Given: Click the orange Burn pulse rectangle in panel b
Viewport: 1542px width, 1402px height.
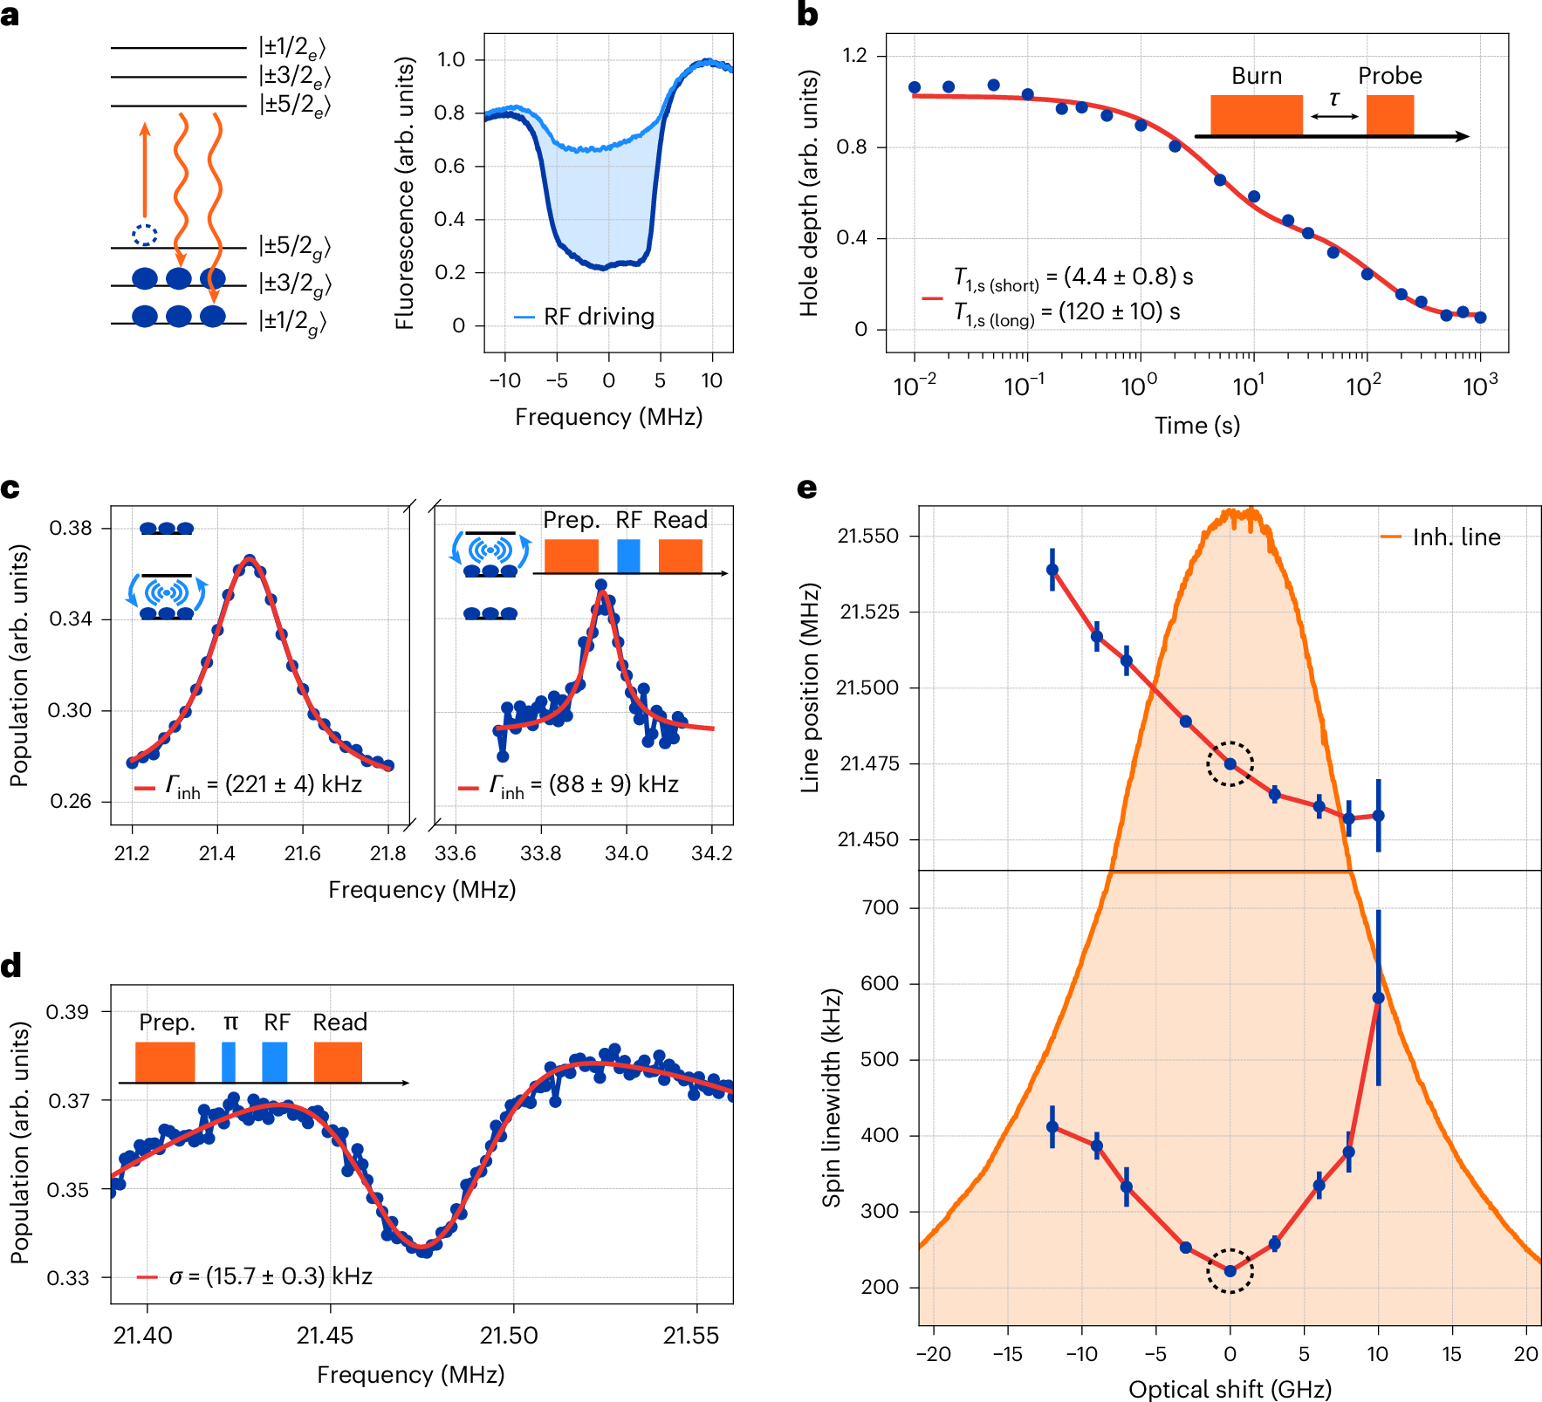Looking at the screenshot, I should [x=1256, y=115].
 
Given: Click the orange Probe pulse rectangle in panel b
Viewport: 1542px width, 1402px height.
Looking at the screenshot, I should [x=1389, y=115].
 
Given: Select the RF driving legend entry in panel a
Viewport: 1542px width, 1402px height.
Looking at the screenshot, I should [x=586, y=317].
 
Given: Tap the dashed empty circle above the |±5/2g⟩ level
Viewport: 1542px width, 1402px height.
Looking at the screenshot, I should [x=145, y=234].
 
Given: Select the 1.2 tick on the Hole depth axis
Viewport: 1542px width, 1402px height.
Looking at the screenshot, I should [x=854, y=56].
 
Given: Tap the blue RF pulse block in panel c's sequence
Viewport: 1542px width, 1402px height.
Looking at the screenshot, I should [x=628, y=556].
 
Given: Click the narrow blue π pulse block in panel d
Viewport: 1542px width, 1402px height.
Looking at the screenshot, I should [x=229, y=1061].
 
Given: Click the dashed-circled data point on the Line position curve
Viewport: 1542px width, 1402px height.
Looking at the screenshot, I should [x=1230, y=763].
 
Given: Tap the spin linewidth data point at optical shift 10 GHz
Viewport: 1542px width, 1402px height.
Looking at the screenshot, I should [x=1378, y=998].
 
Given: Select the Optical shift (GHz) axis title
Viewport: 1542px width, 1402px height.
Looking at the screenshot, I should [x=1230, y=1389].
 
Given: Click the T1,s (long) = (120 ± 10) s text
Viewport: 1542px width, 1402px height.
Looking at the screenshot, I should [x=1066, y=312].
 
